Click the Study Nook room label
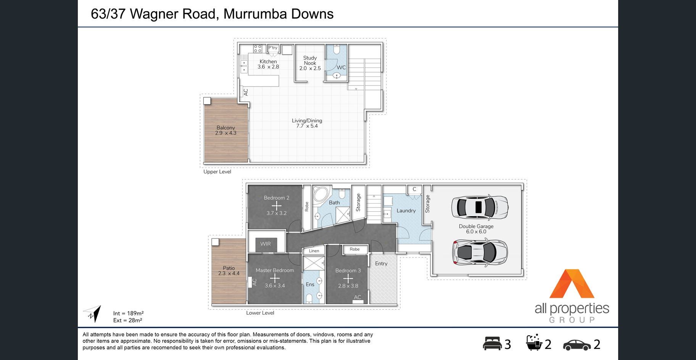pyautogui.click(x=310, y=60)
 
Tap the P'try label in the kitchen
pyautogui.click(x=273, y=48)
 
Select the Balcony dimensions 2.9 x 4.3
pyautogui.click(x=226, y=133)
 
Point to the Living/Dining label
pyautogui.click(x=307, y=121)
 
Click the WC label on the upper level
pyautogui.click(x=341, y=67)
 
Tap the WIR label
pyautogui.click(x=266, y=244)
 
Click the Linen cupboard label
pyautogui.click(x=314, y=251)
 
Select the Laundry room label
pyautogui.click(x=406, y=211)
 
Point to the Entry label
pyautogui.click(x=381, y=264)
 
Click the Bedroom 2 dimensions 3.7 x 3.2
pyautogui.click(x=277, y=213)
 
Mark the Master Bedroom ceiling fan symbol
pyautogui.click(x=275, y=278)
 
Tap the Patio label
pyautogui.click(x=229, y=268)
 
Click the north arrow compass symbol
pyautogui.click(x=93, y=313)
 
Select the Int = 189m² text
pyautogui.click(x=128, y=313)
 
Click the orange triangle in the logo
pyautogui.click(x=572, y=284)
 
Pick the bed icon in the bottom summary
pyautogui.click(x=492, y=343)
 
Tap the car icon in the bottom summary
pyautogui.click(x=577, y=345)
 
